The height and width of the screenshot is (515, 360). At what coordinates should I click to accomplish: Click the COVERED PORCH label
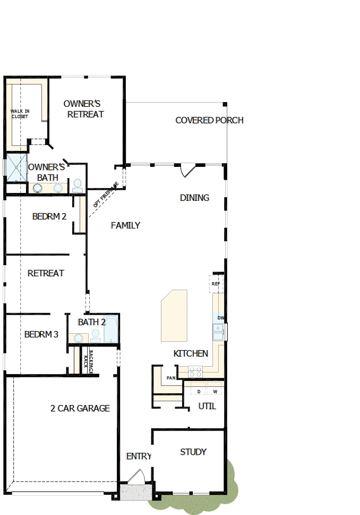click(x=209, y=121)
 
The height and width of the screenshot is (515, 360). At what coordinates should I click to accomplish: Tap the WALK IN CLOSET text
click(x=20, y=114)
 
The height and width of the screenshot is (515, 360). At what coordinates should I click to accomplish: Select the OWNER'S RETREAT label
click(x=83, y=109)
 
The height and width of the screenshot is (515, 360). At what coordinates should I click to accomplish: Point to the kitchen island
click(x=174, y=316)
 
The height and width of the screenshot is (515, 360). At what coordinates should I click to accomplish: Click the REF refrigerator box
click(x=216, y=284)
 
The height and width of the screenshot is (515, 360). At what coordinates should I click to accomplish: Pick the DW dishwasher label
click(x=220, y=318)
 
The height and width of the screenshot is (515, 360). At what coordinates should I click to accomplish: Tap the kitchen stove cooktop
click(x=195, y=371)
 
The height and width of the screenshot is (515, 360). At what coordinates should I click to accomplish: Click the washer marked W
click(x=215, y=392)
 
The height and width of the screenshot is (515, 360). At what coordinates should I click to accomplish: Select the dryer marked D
click(x=199, y=392)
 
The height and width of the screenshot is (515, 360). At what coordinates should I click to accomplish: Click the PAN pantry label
click(x=171, y=378)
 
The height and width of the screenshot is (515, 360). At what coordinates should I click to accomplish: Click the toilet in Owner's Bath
click(x=78, y=185)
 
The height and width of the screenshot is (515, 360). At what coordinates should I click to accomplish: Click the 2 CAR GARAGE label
click(x=80, y=408)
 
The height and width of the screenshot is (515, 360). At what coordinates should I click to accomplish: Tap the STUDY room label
click(x=193, y=452)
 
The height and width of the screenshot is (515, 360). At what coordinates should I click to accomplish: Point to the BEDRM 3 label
click(x=41, y=334)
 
